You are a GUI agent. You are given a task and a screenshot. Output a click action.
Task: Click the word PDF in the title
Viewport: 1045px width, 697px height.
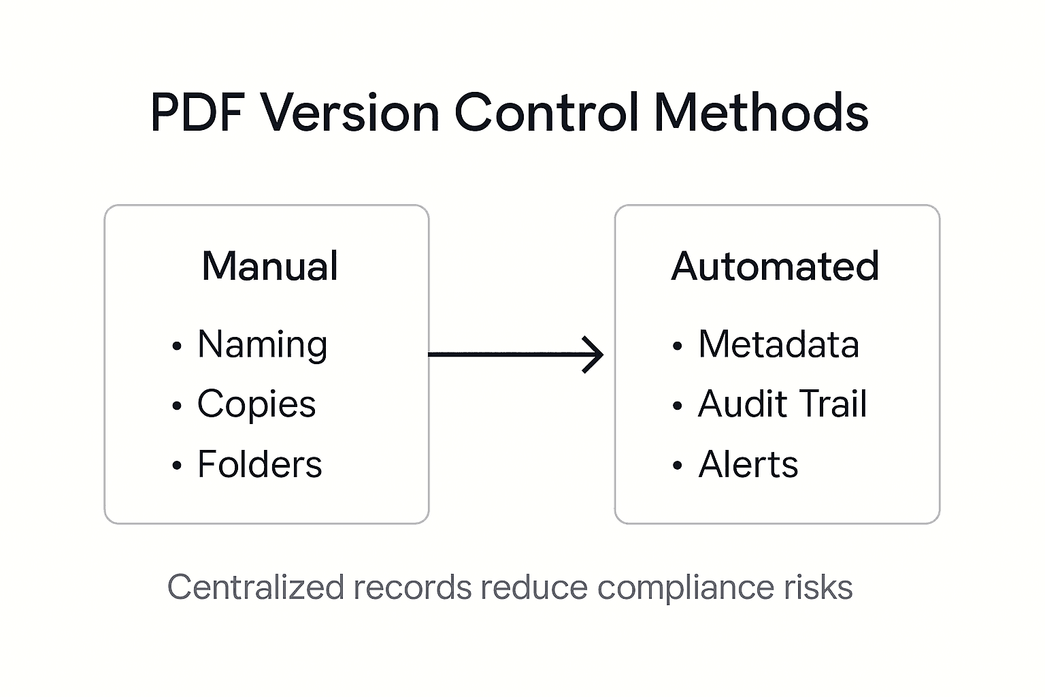(197, 112)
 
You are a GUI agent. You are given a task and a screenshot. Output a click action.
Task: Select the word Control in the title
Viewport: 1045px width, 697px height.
(546, 112)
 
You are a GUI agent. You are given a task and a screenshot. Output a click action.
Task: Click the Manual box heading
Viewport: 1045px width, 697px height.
(270, 266)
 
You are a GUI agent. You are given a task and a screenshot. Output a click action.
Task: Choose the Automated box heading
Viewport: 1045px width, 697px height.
(775, 266)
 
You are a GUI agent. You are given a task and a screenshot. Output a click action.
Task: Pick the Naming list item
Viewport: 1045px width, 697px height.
(263, 345)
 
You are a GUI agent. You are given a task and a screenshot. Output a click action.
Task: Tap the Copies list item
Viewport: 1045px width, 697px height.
(256, 404)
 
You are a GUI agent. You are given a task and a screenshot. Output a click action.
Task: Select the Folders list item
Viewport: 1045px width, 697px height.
(260, 465)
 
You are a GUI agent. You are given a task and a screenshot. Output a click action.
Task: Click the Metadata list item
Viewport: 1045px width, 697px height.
(778, 344)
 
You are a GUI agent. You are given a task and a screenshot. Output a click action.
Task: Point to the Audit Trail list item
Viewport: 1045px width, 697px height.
(782, 404)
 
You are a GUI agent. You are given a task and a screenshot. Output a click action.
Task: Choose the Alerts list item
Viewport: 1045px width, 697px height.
(748, 465)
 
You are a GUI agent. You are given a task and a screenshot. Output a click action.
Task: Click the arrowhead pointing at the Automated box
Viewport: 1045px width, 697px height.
(595, 355)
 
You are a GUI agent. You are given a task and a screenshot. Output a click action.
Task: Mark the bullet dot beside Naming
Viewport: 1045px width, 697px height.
(177, 346)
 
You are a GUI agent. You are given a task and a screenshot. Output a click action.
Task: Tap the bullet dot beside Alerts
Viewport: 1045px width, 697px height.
(677, 466)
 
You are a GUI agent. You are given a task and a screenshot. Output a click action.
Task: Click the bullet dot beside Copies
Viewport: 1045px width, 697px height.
(177, 406)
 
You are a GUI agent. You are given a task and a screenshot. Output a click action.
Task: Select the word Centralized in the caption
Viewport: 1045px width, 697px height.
(255, 587)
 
